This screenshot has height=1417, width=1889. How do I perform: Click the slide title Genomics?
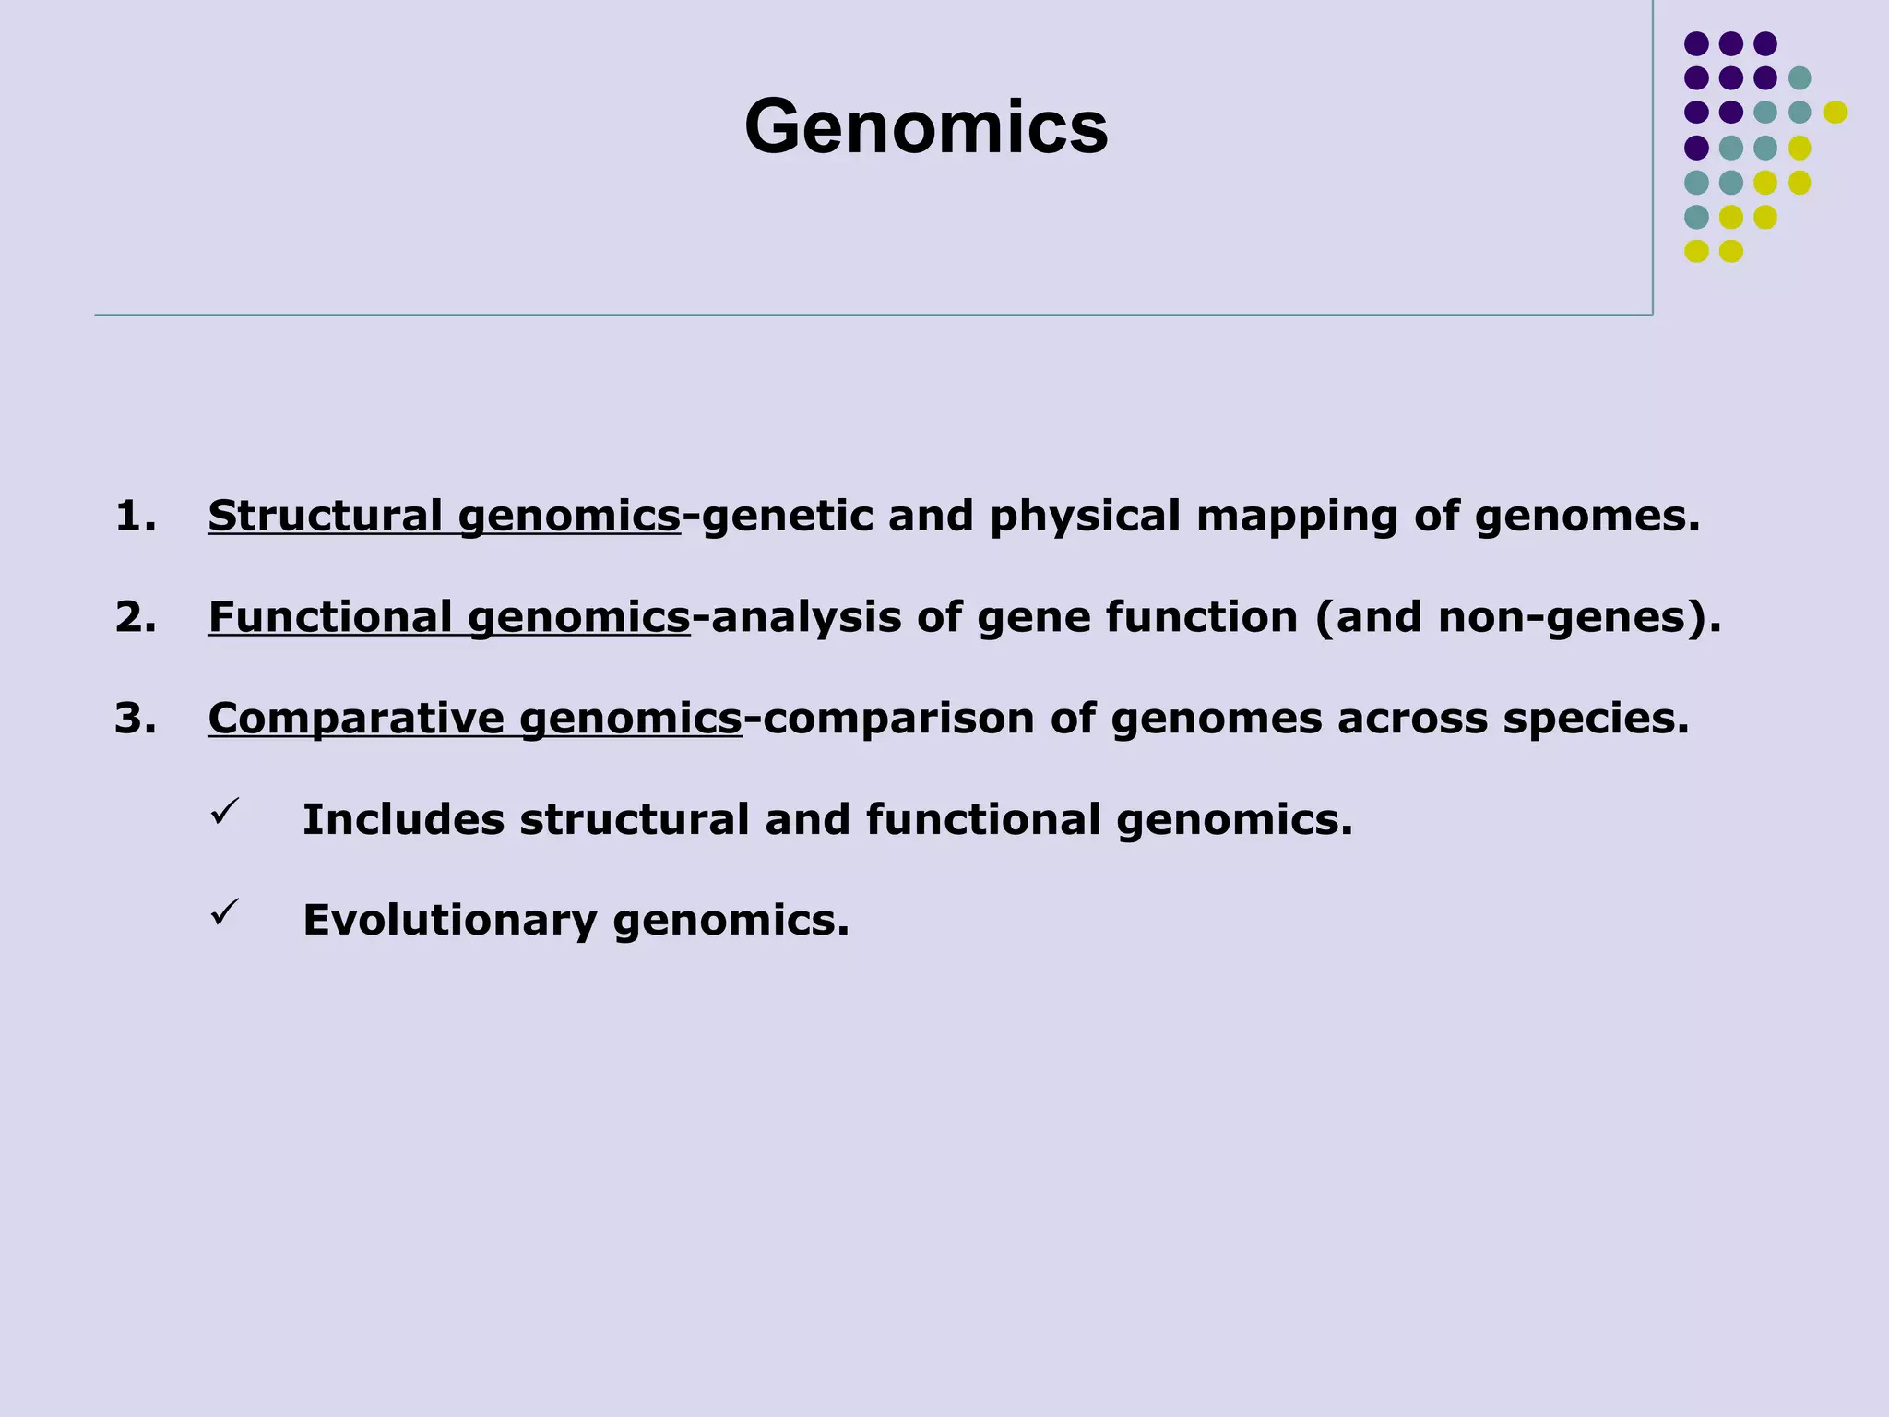pyautogui.click(x=926, y=127)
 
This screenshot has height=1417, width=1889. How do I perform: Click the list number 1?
pyautogui.click(x=135, y=516)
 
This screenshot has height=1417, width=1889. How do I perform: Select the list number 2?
pyautogui.click(x=135, y=617)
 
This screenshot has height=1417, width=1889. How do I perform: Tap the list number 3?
pyautogui.click(x=135, y=719)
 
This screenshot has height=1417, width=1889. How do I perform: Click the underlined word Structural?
pyautogui.click(x=325, y=516)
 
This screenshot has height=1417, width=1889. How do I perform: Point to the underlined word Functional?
pyautogui.click(x=330, y=617)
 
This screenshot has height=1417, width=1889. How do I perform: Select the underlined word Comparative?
pyautogui.click(x=356, y=719)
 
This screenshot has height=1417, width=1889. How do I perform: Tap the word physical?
pyautogui.click(x=1085, y=518)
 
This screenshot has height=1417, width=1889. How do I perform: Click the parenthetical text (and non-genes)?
pyautogui.click(x=1517, y=617)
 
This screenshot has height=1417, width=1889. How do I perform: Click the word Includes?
pyautogui.click(x=403, y=819)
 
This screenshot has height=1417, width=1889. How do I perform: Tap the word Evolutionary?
pyautogui.click(x=449, y=921)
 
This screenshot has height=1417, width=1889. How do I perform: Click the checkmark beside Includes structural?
pyautogui.click(x=225, y=812)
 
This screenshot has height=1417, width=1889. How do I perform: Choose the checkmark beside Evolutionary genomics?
pyautogui.click(x=225, y=912)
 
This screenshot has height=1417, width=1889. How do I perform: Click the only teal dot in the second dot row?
pyautogui.click(x=1800, y=77)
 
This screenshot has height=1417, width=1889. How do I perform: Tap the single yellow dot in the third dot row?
pyautogui.click(x=1835, y=113)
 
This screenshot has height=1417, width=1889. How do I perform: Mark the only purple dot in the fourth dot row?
pyautogui.click(x=1696, y=148)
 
